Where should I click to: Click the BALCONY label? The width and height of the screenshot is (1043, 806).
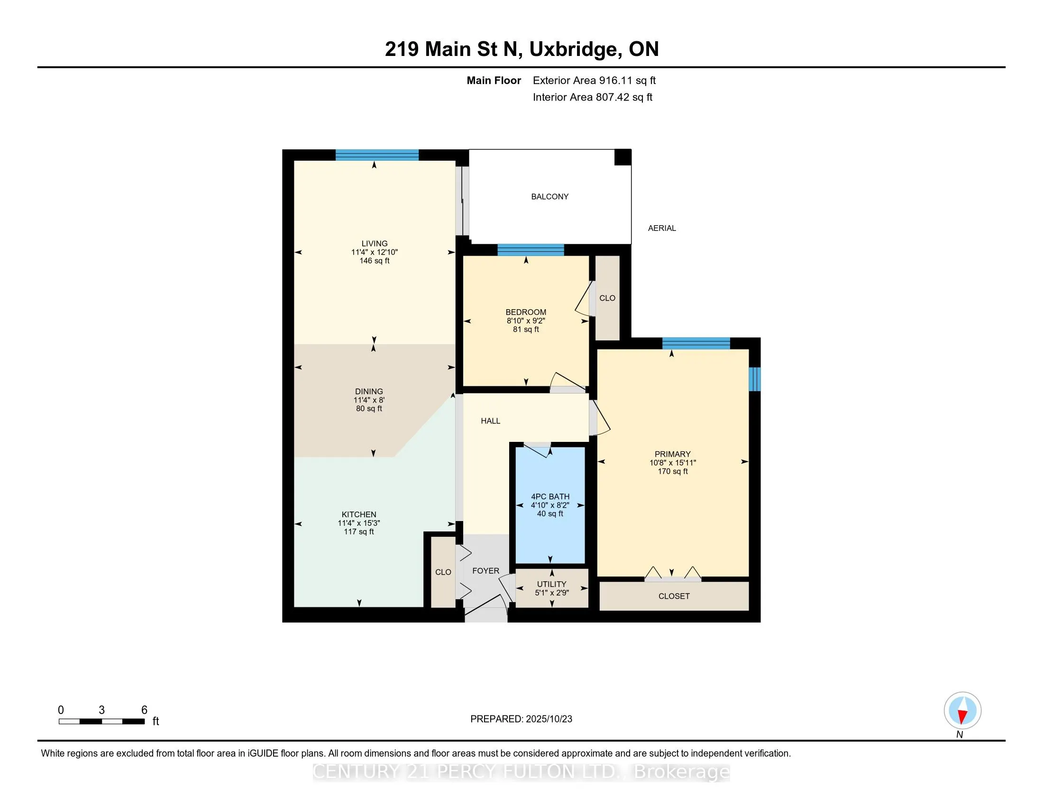point(549,197)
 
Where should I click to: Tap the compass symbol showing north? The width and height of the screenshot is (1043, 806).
point(962,711)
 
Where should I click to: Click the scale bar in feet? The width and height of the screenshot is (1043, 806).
point(102,722)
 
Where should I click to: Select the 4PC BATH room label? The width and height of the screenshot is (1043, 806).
point(550,496)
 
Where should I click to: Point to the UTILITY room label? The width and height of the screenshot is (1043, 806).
point(551,584)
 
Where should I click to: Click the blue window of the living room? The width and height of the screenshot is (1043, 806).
point(377,155)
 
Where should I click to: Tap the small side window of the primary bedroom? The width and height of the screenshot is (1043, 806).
point(754,379)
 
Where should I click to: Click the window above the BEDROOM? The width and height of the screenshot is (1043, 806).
point(531,250)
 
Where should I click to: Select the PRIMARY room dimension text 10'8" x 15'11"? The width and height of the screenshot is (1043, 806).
point(672,463)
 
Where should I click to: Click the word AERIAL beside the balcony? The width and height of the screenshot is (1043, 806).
point(661,228)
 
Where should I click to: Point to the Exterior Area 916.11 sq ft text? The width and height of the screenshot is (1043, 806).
point(594,81)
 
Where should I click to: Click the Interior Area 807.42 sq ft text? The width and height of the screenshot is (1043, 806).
point(592,97)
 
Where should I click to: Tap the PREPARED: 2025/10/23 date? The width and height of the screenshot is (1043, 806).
point(521,719)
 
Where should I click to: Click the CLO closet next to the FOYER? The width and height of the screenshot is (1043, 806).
point(443,572)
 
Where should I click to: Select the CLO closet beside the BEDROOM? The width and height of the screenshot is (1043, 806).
point(607,298)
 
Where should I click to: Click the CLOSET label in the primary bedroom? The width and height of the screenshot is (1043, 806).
point(674,596)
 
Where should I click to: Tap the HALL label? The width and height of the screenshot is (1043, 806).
point(491,421)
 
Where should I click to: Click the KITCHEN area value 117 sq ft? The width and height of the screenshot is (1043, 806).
point(359,531)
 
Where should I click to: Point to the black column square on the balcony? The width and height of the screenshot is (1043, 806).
point(622,157)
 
